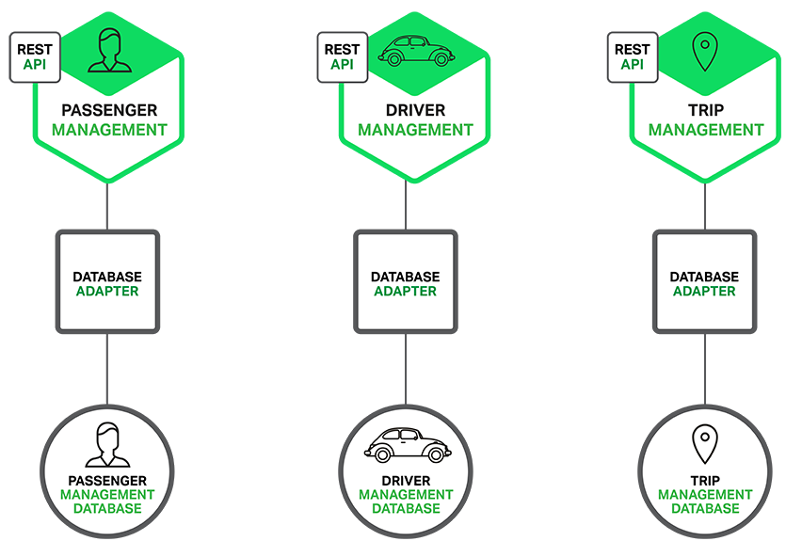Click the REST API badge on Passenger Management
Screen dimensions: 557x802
(x=35, y=57)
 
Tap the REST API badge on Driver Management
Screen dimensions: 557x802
(x=342, y=57)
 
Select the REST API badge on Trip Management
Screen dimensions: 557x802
(x=632, y=57)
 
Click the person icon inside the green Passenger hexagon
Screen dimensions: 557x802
(x=106, y=52)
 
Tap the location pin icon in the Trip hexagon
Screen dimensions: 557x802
(x=704, y=53)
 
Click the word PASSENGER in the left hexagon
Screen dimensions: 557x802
(x=108, y=109)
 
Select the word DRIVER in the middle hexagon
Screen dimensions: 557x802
(x=414, y=109)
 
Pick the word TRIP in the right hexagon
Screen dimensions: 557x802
(x=704, y=109)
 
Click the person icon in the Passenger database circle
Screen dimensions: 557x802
(x=106, y=445)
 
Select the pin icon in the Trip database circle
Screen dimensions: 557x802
(x=704, y=444)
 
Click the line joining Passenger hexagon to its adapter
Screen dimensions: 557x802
(x=107, y=206)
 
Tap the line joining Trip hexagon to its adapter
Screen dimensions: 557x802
(x=704, y=206)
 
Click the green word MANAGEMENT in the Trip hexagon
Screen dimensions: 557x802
(x=704, y=130)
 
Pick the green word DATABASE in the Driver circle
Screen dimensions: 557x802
(x=406, y=508)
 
